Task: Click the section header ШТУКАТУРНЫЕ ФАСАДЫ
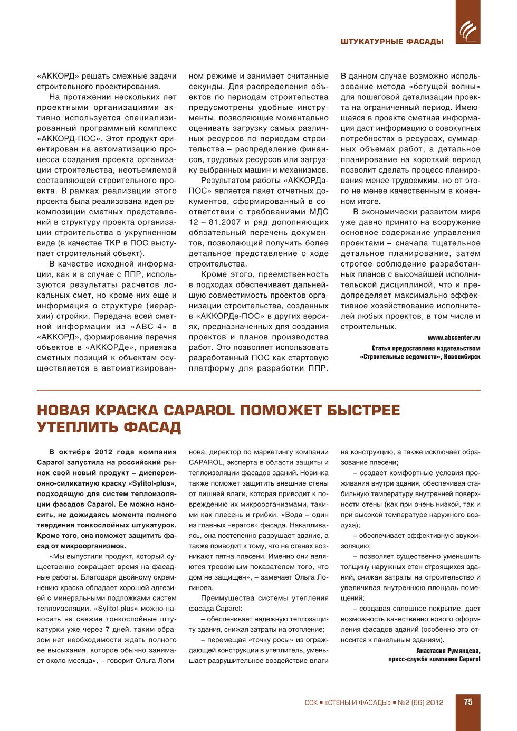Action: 392,41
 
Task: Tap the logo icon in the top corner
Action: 468,29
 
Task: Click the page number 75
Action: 468,702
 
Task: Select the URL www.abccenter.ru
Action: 454,338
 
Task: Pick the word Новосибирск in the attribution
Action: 462,357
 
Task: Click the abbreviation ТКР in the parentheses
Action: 112,243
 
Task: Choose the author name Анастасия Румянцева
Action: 448,651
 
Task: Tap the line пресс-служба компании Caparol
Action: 434,659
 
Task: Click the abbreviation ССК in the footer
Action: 311,702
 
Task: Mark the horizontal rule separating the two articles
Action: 258,390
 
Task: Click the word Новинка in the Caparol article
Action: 315,473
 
